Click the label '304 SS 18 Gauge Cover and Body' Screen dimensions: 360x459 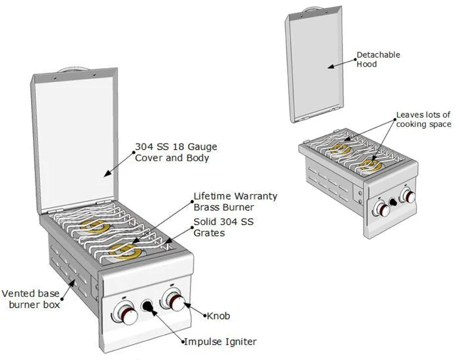pos(176,152)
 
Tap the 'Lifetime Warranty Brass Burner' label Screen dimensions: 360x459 pos(235,201)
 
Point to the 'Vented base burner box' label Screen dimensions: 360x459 pos(31,298)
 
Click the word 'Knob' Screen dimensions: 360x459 pos(219,316)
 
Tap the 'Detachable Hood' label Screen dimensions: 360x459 pos(378,59)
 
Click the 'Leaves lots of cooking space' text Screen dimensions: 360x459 pos(424,119)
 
